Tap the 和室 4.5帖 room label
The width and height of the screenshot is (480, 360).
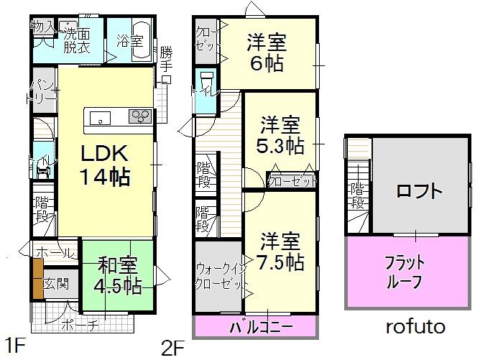pos(117,275)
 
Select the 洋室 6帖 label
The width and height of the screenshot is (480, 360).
pos(267,52)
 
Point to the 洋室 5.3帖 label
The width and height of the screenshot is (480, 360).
pos(281,134)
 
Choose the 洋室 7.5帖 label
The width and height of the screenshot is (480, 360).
pos(280,249)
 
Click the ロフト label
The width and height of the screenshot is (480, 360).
pos(418,191)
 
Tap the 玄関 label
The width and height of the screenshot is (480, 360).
pos(56,283)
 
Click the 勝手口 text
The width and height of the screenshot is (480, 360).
pos(166,65)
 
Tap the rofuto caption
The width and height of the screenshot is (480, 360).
pos(415,327)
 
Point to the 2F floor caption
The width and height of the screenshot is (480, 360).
pos(173,348)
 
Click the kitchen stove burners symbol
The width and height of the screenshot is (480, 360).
pos(140,116)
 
